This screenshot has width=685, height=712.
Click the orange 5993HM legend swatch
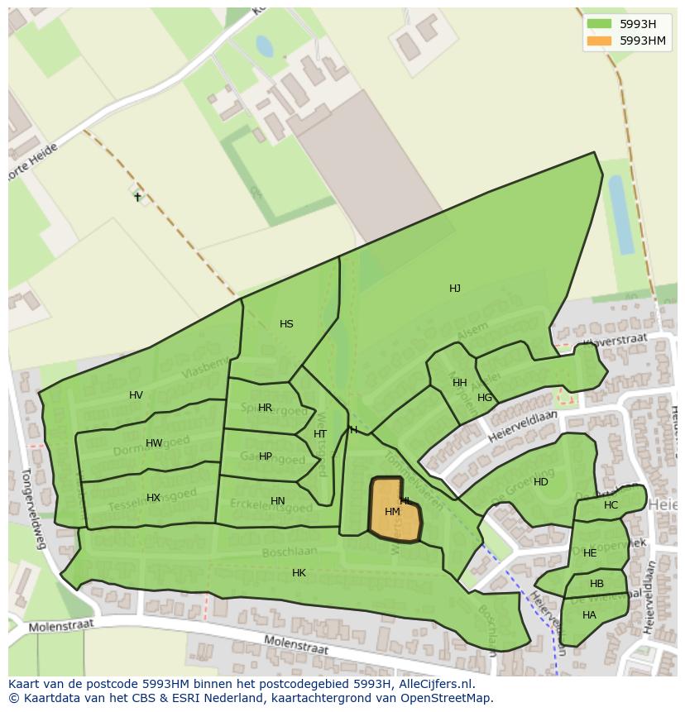click(599, 41)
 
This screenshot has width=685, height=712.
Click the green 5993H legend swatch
click(599, 24)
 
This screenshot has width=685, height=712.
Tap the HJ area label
click(455, 289)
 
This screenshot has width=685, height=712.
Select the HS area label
click(286, 324)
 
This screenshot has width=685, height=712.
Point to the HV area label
click(137, 395)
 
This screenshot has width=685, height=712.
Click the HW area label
click(154, 443)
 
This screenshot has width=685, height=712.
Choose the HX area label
click(153, 498)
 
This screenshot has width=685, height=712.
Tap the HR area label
click(265, 408)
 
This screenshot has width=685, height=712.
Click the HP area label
click(265, 456)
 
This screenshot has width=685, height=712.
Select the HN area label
click(278, 501)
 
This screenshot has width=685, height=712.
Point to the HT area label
click(320, 434)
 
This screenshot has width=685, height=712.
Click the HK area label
click(299, 573)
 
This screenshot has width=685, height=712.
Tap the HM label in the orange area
click(392, 512)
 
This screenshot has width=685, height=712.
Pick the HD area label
click(540, 482)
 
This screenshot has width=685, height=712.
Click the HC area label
click(611, 505)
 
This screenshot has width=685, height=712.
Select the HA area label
click(589, 615)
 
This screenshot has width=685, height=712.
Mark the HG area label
click(485, 398)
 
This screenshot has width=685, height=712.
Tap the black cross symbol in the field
click(137, 197)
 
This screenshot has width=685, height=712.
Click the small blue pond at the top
click(265, 46)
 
